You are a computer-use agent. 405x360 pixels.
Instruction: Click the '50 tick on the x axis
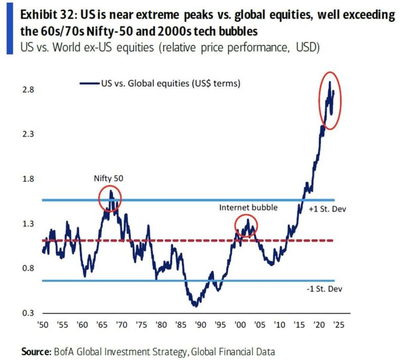45,327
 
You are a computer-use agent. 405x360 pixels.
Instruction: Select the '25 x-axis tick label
338,327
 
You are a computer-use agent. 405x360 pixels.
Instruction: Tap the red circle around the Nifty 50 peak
111,198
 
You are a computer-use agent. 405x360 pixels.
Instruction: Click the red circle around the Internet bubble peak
247,226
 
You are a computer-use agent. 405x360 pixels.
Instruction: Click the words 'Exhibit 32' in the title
46,15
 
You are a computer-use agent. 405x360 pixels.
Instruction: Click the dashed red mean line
152,240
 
